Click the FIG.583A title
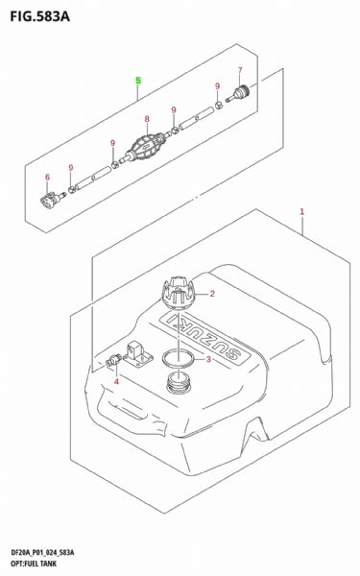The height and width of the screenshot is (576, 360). [40, 17]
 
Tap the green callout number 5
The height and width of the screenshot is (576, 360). [138, 81]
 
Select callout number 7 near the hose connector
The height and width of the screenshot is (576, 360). [240, 70]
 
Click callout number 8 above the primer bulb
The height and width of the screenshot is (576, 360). [147, 119]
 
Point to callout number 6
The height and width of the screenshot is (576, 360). [47, 177]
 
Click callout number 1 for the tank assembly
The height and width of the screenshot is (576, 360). [302, 211]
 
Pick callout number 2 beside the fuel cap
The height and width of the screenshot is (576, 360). [212, 294]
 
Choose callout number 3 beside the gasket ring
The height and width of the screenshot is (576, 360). [208, 359]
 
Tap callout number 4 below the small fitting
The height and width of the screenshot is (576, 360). [116, 382]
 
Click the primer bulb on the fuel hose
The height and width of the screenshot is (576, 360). [146, 146]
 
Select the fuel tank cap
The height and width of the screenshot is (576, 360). [179, 293]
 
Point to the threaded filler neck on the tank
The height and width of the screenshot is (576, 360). [179, 383]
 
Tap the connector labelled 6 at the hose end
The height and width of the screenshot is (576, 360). [52, 199]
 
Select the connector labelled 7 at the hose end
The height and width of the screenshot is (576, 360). [239, 93]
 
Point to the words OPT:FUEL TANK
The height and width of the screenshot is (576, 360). [34, 564]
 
